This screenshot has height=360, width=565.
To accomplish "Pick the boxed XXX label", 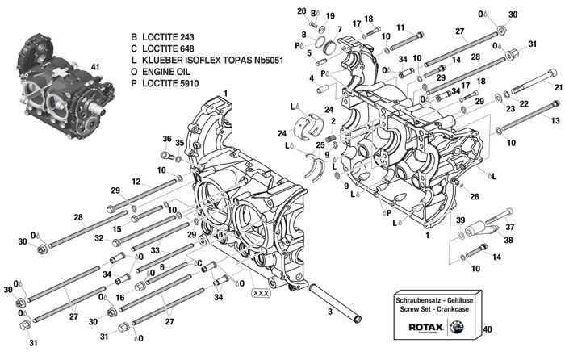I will point(262,292).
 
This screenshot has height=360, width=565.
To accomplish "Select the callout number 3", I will point(329,311).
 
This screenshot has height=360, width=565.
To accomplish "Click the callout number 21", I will point(557,86).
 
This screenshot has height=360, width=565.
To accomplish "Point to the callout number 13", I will point(555,120).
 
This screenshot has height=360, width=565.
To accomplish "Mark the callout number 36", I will point(167,139).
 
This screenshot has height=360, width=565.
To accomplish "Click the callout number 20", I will point(302,11).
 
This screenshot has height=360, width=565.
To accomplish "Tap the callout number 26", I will point(474,196).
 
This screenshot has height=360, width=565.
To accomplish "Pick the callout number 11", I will point(399,27).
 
